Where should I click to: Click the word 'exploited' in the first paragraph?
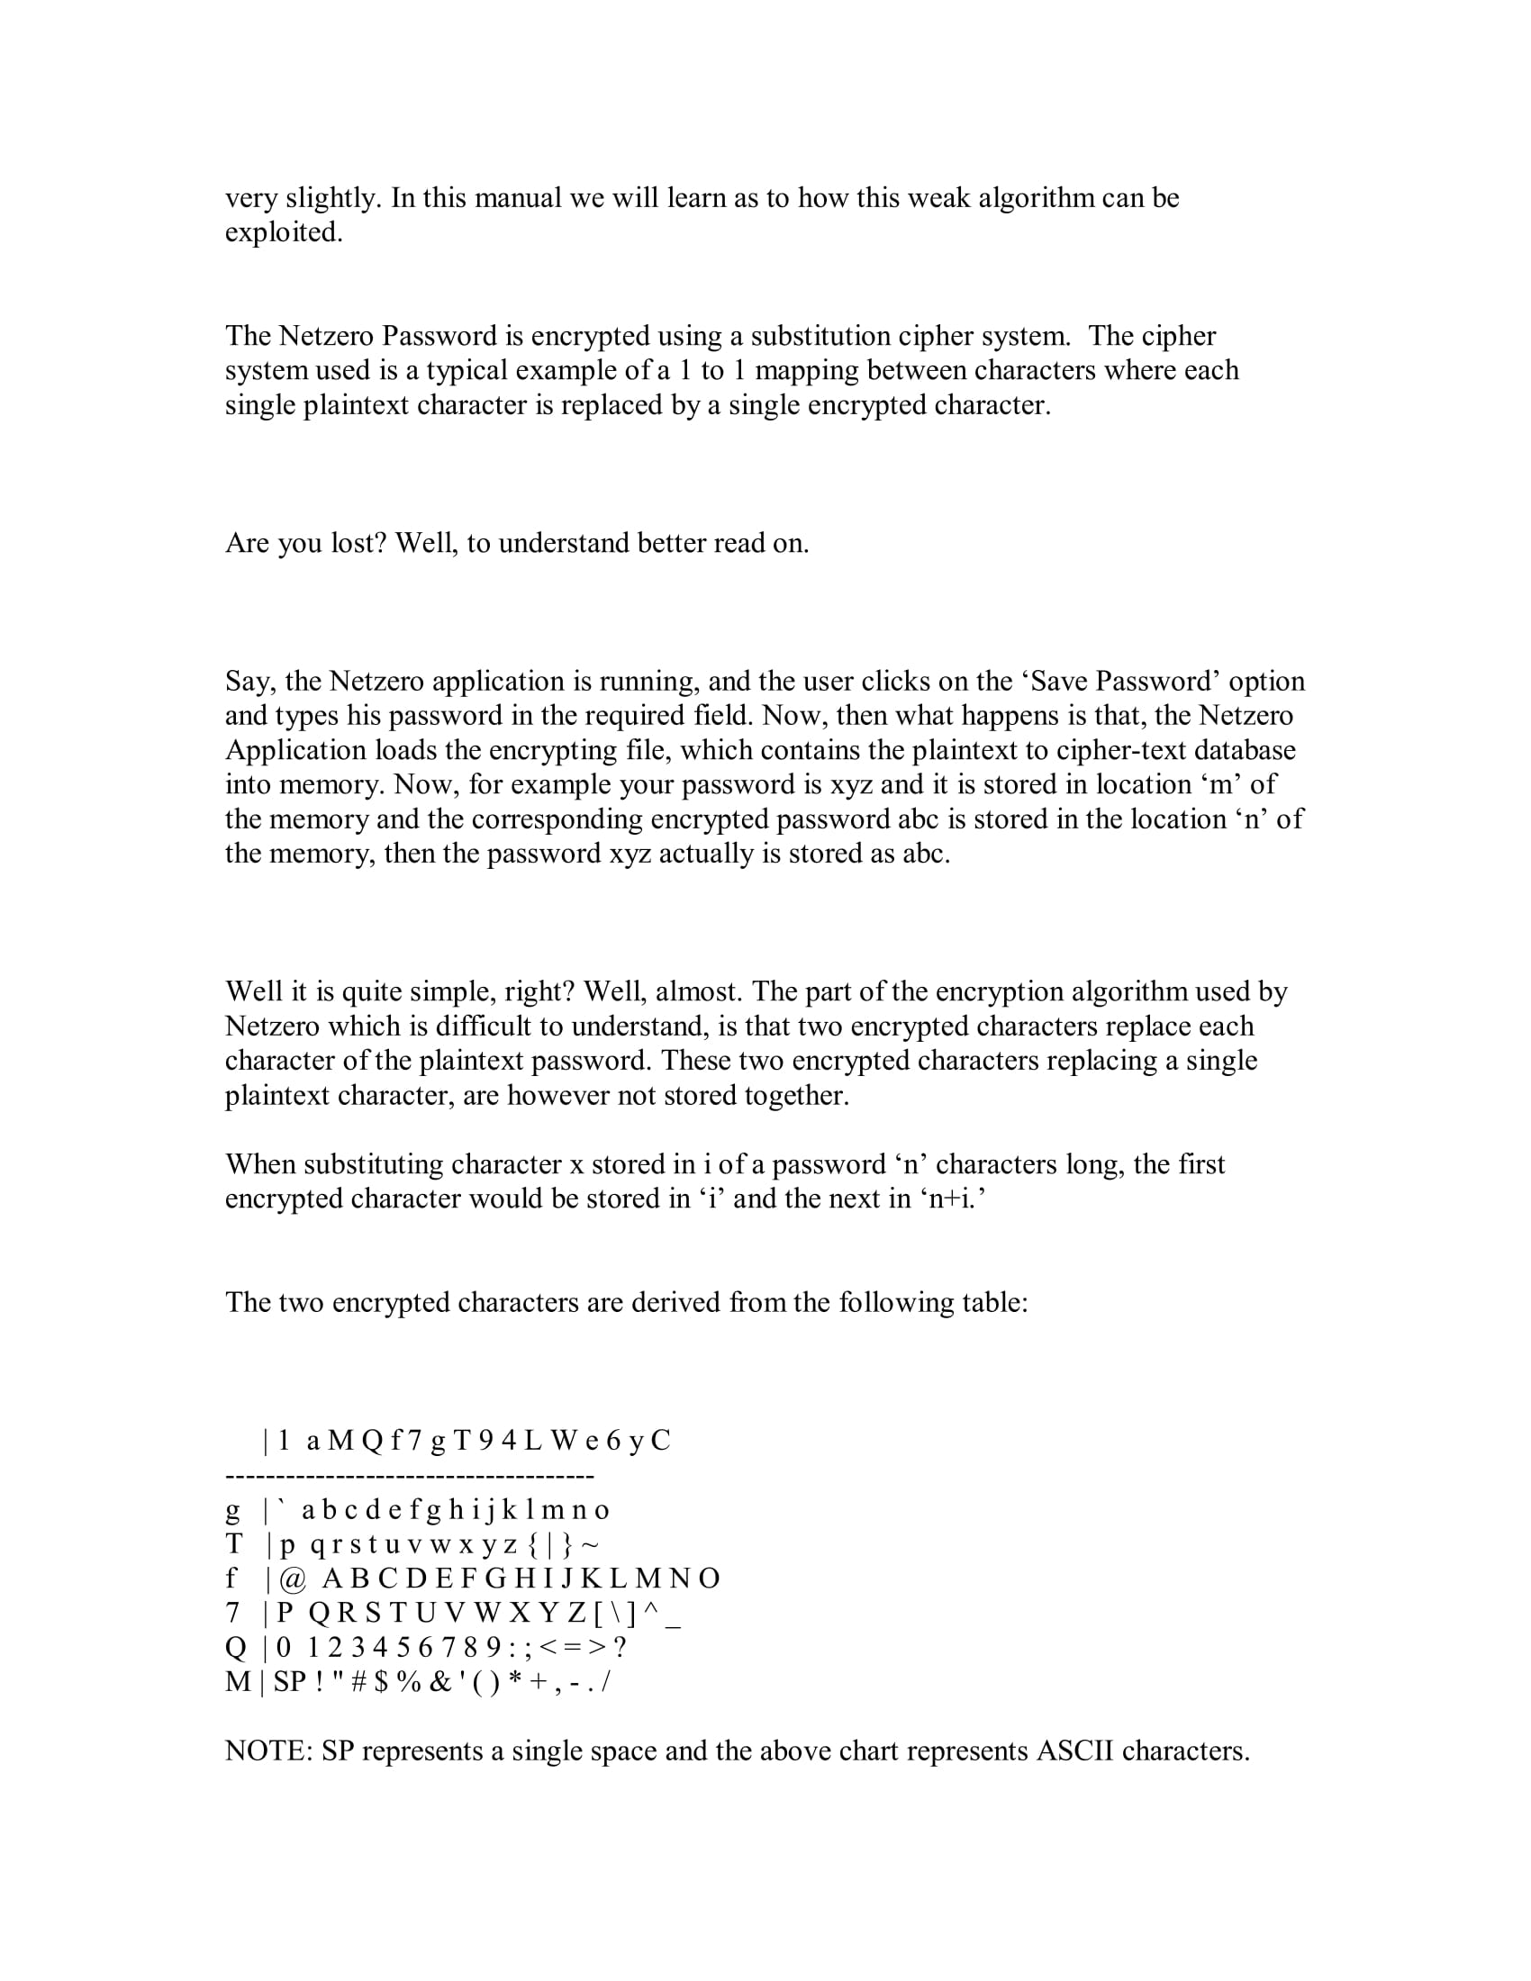[x=284, y=233]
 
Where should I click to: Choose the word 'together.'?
[x=797, y=1095]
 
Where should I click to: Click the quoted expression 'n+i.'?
[x=952, y=1199]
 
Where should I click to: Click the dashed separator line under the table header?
[x=409, y=1477]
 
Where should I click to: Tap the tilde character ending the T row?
[x=590, y=1544]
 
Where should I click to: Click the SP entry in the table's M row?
[x=290, y=1683]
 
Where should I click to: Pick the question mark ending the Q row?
[x=620, y=1648]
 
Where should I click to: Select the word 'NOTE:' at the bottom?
[x=268, y=1751]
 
